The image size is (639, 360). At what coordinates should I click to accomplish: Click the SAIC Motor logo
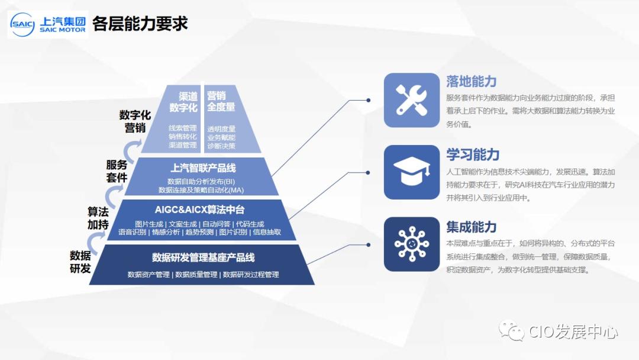pyautogui.click(x=48, y=24)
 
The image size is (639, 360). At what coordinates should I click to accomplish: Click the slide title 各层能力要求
pyautogui.click(x=140, y=24)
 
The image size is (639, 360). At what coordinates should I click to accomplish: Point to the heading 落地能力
pyautogui.click(x=472, y=82)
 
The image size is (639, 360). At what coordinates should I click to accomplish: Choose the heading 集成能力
pyautogui.click(x=472, y=226)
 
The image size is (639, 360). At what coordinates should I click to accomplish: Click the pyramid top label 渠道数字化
pyautogui.click(x=183, y=101)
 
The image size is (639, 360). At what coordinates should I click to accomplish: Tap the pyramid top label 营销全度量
pyautogui.click(x=221, y=101)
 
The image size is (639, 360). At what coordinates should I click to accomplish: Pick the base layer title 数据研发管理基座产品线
pyautogui.click(x=203, y=258)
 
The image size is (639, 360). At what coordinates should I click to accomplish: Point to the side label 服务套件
pyautogui.click(x=117, y=171)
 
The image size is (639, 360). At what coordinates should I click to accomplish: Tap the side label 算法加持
pyautogui.click(x=98, y=218)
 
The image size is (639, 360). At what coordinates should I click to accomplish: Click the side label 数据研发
pyautogui.click(x=80, y=262)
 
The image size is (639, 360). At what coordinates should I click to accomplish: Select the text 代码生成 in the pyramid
pyautogui.click(x=250, y=224)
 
